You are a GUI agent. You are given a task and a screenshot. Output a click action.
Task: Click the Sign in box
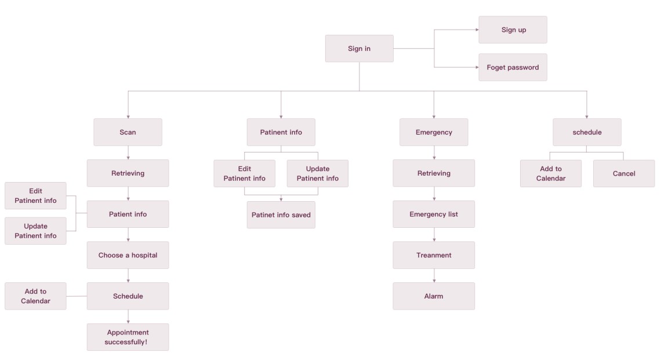(x=359, y=49)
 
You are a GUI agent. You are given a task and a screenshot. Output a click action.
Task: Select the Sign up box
(x=513, y=30)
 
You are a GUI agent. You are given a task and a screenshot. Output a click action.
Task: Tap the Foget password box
(x=513, y=67)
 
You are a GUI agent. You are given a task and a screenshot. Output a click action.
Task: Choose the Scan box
(x=128, y=132)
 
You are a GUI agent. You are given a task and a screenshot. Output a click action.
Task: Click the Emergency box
(x=434, y=132)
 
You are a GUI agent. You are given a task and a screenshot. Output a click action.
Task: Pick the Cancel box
(x=623, y=173)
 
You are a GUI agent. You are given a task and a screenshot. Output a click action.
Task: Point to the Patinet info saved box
(x=281, y=214)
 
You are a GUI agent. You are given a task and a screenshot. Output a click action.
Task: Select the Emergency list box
(x=434, y=214)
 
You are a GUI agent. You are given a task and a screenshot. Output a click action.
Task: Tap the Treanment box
(x=434, y=255)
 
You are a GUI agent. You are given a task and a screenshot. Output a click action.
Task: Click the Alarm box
(x=434, y=296)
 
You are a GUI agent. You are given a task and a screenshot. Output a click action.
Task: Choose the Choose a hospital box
(x=128, y=255)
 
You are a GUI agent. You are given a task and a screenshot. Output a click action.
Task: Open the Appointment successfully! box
(x=128, y=337)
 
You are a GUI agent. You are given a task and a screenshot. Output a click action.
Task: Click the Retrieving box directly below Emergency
(x=434, y=173)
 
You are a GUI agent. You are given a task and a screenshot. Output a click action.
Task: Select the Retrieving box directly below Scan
(x=128, y=173)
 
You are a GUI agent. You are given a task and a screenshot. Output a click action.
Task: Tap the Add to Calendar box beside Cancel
(x=550, y=173)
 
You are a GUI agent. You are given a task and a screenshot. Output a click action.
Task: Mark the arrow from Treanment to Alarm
(x=434, y=275)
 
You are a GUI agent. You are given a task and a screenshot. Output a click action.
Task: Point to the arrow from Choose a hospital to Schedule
(x=128, y=275)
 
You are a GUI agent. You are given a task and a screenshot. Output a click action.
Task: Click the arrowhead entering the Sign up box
(x=475, y=30)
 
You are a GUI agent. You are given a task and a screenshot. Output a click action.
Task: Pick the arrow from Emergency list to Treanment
(x=434, y=234)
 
